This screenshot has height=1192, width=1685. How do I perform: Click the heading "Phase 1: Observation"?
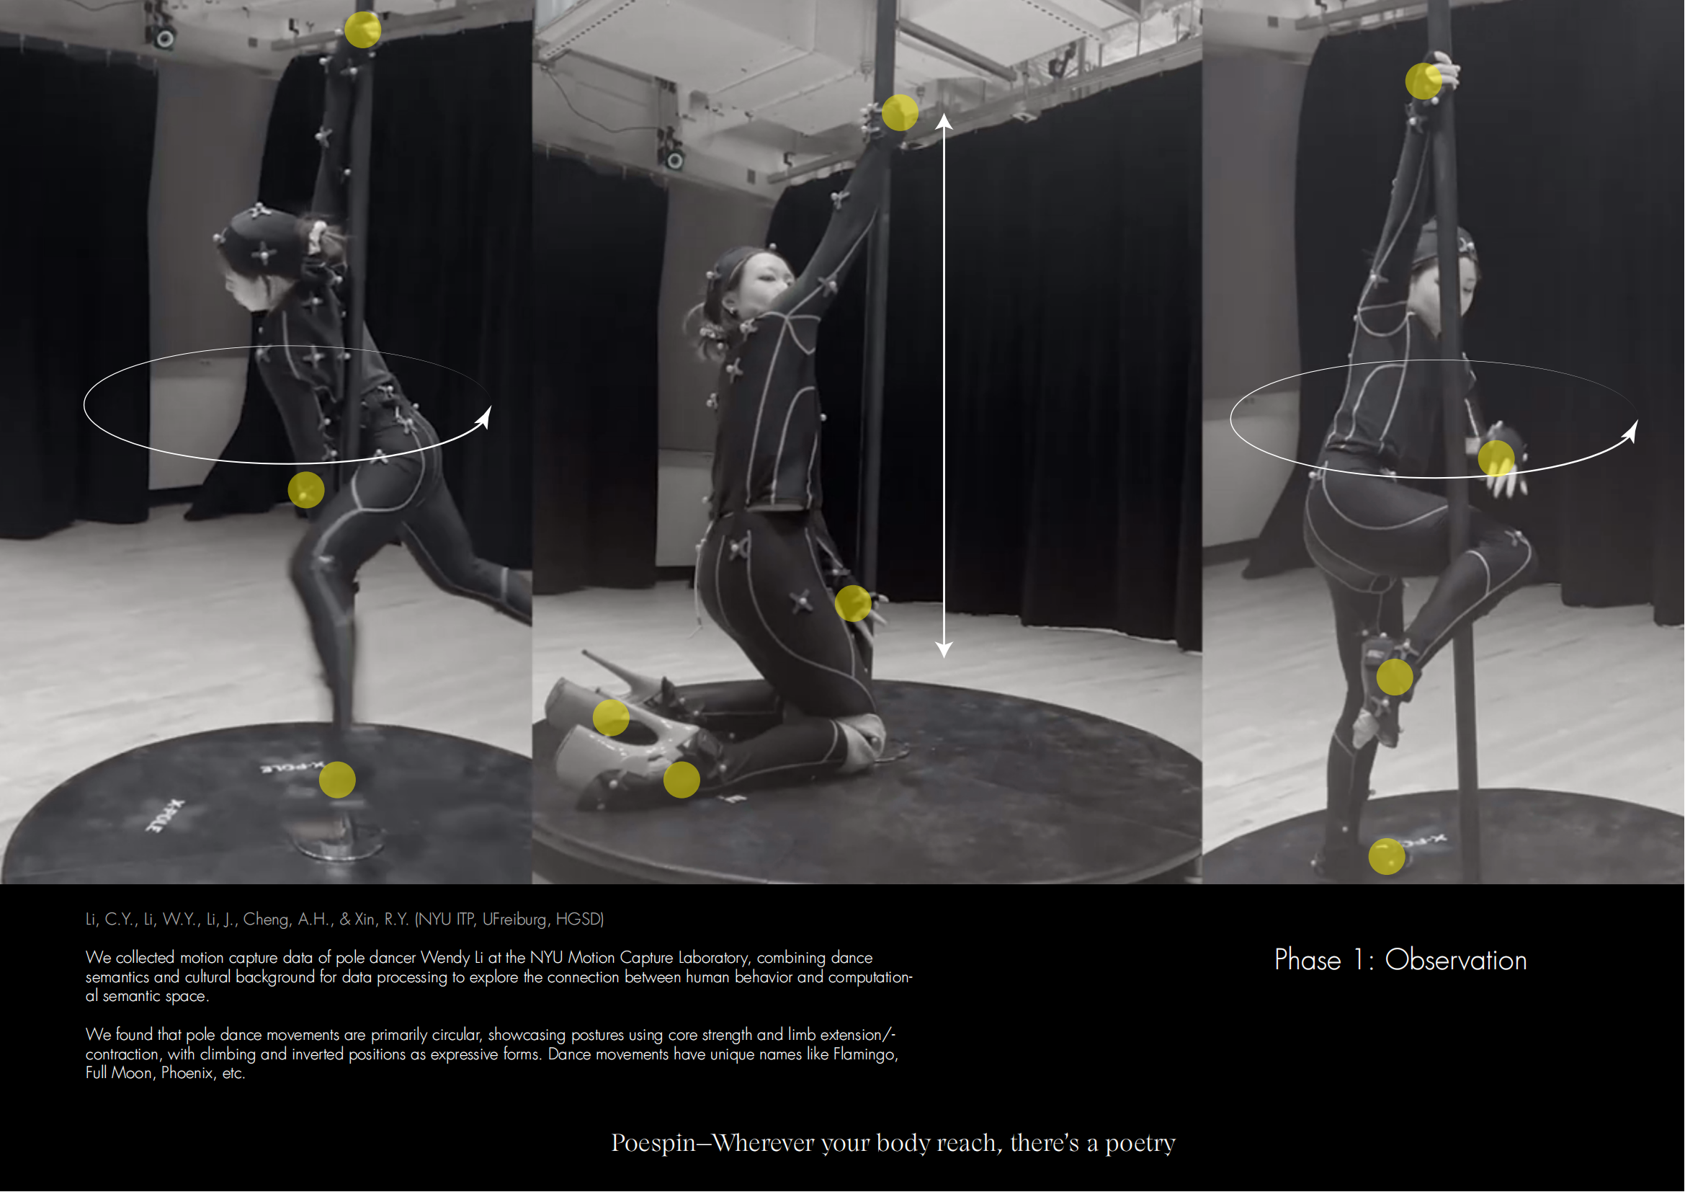click(x=1400, y=960)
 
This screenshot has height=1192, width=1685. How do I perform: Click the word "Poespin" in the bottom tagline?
click(x=653, y=1143)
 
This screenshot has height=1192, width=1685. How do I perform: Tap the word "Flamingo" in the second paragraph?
click(x=865, y=1055)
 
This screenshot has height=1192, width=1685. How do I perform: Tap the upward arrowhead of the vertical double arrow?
click(x=944, y=122)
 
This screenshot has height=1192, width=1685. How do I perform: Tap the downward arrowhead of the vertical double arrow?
click(x=944, y=649)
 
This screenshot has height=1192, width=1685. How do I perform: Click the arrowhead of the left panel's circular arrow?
click(x=483, y=419)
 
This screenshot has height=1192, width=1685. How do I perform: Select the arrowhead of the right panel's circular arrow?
click(x=1630, y=432)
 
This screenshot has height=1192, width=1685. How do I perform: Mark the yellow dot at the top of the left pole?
click(x=362, y=30)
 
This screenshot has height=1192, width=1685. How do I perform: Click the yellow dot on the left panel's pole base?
click(x=338, y=780)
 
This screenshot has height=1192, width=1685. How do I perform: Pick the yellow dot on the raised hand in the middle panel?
click(x=900, y=113)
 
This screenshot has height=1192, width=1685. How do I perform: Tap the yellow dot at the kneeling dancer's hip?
click(x=853, y=603)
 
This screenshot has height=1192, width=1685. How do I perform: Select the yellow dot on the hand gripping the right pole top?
click(x=1423, y=81)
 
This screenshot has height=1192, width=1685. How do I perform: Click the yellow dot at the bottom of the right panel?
click(x=1387, y=857)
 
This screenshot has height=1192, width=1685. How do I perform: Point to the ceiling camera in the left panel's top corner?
click(x=161, y=30)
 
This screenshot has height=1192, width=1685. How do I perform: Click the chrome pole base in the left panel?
click(x=339, y=837)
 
